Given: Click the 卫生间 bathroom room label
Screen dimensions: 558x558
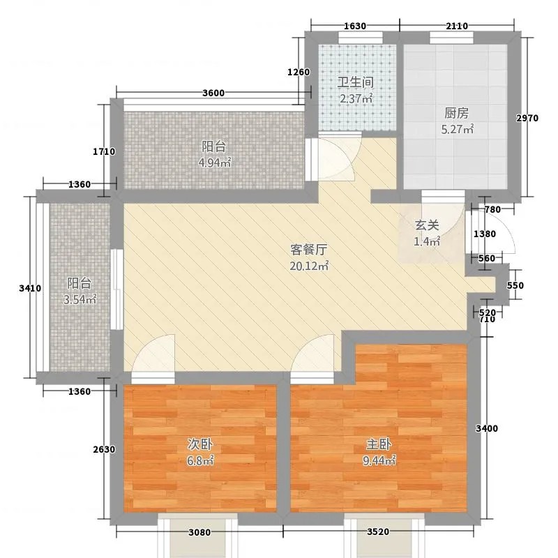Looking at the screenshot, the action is point(356,82).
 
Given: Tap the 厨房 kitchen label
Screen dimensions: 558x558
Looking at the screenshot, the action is point(457,113).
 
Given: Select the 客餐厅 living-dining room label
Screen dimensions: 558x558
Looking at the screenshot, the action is point(308,250).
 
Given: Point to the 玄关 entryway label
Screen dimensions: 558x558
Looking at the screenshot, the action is point(427,225).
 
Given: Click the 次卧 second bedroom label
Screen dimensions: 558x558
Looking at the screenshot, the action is point(200,444).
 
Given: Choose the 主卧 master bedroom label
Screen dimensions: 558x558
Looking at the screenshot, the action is point(379,444).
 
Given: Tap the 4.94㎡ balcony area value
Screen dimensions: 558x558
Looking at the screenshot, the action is point(215,163).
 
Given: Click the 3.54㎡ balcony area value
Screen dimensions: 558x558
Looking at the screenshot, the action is point(80,300).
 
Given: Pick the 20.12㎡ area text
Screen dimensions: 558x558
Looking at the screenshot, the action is point(309,266).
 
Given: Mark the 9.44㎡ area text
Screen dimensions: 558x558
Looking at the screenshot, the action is point(379,461).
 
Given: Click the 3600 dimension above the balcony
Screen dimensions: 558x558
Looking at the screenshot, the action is point(213,93).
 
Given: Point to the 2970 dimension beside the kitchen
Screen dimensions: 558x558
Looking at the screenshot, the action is point(527,118).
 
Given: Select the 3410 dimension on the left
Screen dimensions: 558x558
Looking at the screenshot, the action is point(30,288).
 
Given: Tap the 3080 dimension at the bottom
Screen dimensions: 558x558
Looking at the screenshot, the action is point(199,532).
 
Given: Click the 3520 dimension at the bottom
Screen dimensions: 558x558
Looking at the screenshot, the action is point(378,532).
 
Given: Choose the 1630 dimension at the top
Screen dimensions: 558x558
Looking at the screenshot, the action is point(355,26).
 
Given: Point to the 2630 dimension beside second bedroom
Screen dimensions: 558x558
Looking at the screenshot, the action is point(104,449).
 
